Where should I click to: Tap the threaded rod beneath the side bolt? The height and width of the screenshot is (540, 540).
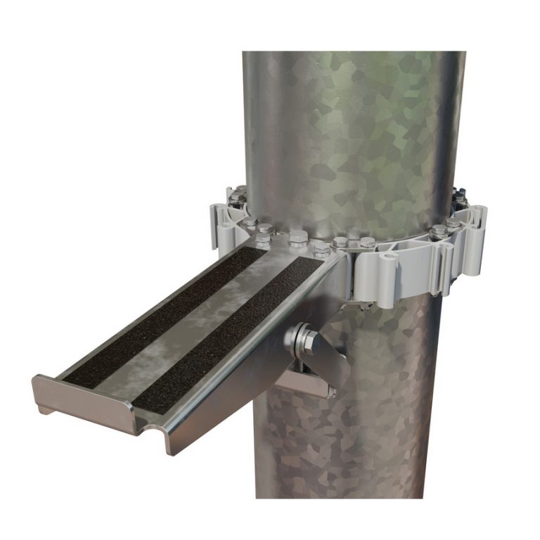pyautogui.click(x=309, y=368)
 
